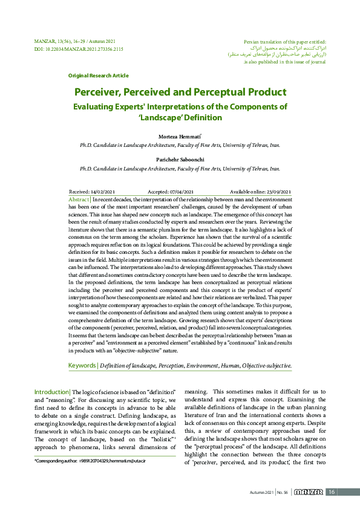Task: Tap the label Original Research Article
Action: tap(98, 76)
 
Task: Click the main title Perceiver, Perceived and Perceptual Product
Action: tap(180, 92)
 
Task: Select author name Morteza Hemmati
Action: tap(179, 137)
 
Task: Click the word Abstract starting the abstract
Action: tap(79, 199)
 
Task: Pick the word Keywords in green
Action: tap(82, 365)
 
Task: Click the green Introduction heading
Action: tap(51, 392)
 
